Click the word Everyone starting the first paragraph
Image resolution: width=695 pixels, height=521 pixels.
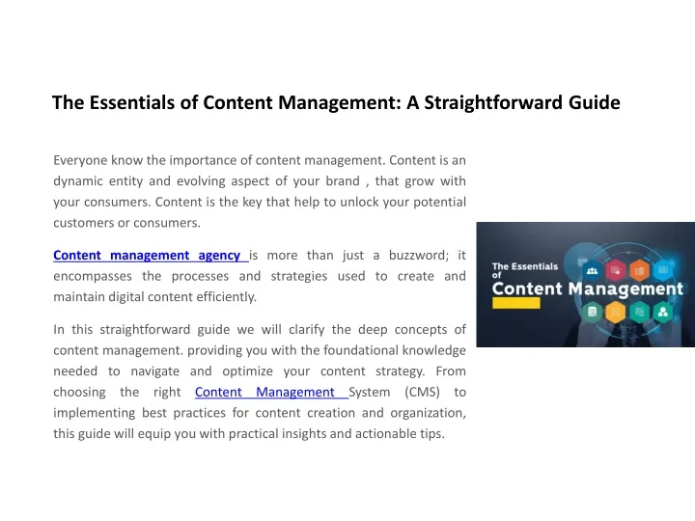click(80, 160)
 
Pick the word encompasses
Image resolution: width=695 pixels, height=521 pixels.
click(93, 277)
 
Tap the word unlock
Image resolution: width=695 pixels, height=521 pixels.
click(359, 202)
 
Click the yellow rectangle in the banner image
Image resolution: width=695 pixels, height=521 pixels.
click(515, 303)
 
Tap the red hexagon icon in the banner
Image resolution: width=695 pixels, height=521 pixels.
click(615, 270)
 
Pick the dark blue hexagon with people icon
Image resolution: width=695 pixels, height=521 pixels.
click(592, 270)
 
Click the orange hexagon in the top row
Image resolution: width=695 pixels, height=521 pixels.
click(639, 270)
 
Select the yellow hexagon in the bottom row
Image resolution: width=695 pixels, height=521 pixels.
click(615, 312)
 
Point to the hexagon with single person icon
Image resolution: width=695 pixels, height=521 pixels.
click(663, 312)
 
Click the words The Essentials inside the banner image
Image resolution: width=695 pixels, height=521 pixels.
click(525, 266)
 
